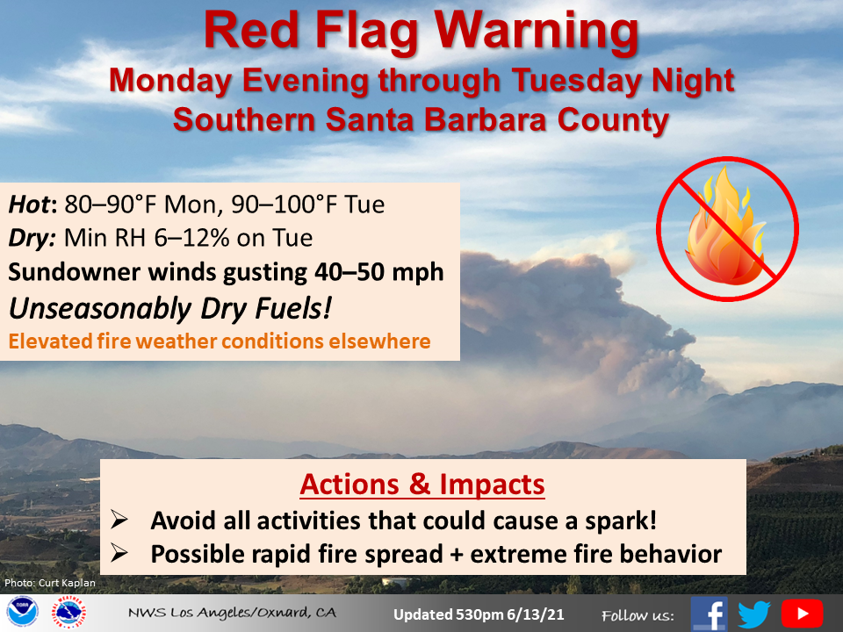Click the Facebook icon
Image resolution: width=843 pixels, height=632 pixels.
[709, 614]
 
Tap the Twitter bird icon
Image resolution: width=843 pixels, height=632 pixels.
[754, 614]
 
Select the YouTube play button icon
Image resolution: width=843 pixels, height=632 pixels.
[802, 614]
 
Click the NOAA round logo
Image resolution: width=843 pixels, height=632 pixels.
[23, 612]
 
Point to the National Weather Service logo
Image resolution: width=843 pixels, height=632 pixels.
[68, 612]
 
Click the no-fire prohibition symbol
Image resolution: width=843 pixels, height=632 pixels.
[727, 228]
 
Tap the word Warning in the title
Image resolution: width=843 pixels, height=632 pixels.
[537, 31]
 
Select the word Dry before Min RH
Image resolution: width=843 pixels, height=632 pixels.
[32, 238]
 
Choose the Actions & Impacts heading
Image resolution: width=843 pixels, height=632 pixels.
[422, 485]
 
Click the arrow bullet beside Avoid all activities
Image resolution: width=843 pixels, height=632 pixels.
[119, 520]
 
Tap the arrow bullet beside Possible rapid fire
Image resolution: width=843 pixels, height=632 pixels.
[119, 553]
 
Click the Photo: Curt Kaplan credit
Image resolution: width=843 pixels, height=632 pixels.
[50, 583]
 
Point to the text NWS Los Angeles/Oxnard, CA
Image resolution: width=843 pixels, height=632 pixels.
[232, 612]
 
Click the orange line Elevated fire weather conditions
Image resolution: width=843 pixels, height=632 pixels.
[220, 341]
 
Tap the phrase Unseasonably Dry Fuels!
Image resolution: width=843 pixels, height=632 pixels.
[169, 308]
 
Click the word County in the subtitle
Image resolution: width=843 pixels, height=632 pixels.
[614, 119]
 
